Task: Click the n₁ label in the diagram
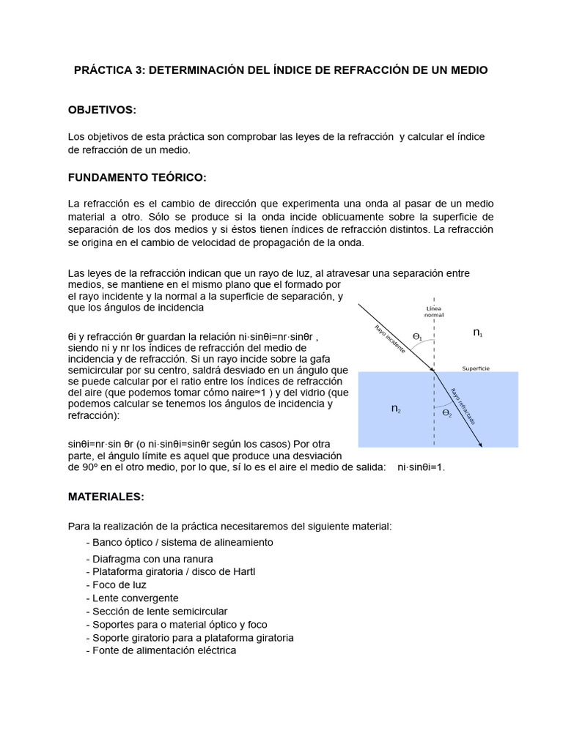coord(478,333)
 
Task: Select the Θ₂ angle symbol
coord(446,413)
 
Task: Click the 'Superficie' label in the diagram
coord(476,368)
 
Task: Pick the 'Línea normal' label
coord(435,313)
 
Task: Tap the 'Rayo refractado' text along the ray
coord(463,406)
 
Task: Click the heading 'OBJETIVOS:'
coord(103,109)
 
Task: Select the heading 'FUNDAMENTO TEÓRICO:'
coord(137,177)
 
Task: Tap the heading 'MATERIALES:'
coord(106,496)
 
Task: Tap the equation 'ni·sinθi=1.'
coord(421,467)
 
